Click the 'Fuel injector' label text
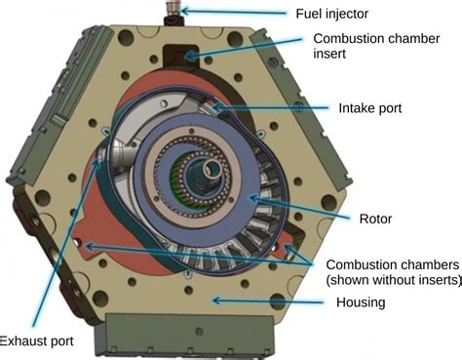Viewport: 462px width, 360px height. pos(331,14)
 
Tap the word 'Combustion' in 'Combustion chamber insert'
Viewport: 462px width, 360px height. pos(344,38)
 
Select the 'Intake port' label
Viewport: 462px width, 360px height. pos(370,108)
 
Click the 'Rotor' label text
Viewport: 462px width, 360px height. pos(375,219)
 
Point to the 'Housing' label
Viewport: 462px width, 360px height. pos(361,302)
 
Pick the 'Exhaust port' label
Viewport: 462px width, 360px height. pos(36,341)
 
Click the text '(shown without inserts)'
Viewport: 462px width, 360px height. pos(394,280)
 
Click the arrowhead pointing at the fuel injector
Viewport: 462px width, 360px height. pos(184,11)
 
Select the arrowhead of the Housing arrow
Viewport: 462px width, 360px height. pos(216,300)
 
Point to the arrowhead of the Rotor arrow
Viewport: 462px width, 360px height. pos(252,198)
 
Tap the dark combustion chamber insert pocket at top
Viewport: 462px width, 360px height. pos(180,56)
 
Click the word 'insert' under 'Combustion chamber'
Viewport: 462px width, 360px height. pos(329,54)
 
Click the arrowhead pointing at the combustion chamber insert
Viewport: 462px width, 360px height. pos(189,57)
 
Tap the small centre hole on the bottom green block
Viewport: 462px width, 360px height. pos(199,332)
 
